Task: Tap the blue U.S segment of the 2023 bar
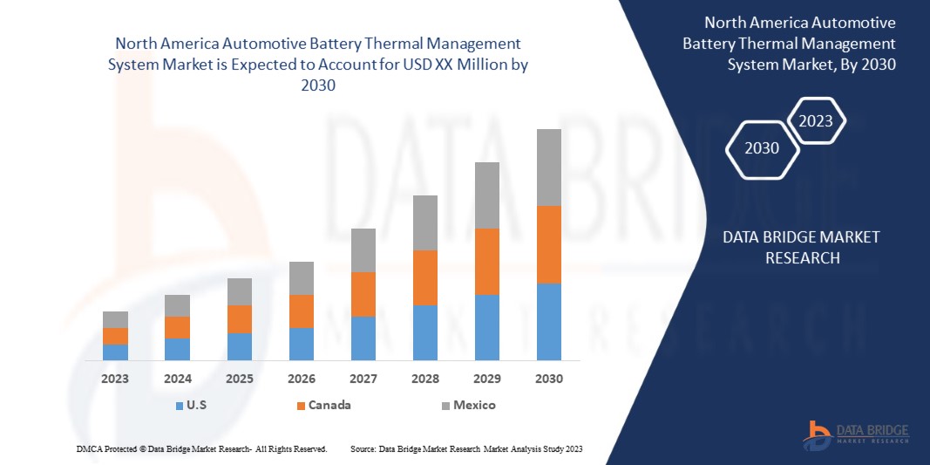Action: coord(115,352)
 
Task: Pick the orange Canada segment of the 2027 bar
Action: coord(363,294)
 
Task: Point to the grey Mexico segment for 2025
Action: coord(240,291)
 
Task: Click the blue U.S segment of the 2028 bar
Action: coord(425,332)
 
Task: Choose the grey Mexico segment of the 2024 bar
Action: coord(177,305)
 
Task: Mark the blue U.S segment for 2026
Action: coord(302,344)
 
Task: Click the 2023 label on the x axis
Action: coord(115,379)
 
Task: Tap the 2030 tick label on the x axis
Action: coord(549,379)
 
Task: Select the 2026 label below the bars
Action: coord(302,379)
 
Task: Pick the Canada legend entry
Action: coord(323,405)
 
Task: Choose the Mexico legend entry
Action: coord(466,405)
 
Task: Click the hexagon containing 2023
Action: coord(816,121)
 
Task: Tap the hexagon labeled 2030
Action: coord(762,148)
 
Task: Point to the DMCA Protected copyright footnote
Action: coord(202,448)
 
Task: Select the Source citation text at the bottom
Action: coord(466,448)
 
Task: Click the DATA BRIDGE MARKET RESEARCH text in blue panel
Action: coord(802,247)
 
